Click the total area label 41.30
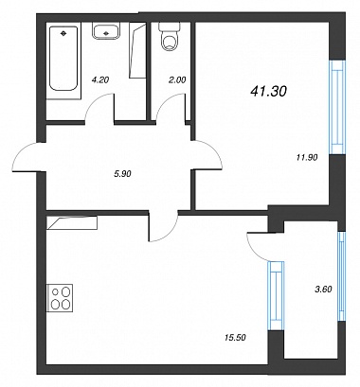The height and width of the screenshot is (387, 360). [x=268, y=92]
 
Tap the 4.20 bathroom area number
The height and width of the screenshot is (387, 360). [x=99, y=80]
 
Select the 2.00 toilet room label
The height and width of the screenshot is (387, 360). [x=177, y=80]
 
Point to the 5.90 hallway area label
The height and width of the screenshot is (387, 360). [x=122, y=173]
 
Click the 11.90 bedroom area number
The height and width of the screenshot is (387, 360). [x=307, y=157]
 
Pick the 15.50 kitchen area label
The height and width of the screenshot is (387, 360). [x=235, y=338]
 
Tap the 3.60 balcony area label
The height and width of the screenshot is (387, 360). [x=323, y=289]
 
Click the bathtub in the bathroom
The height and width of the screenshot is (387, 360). [x=63, y=59]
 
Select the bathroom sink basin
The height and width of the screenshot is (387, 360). [x=106, y=32]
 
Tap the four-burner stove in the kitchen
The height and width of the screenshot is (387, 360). [x=60, y=298]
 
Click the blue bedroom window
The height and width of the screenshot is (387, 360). [x=336, y=107]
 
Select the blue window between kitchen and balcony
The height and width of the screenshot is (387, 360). [x=276, y=295]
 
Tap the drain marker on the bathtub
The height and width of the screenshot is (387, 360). [x=63, y=32]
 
